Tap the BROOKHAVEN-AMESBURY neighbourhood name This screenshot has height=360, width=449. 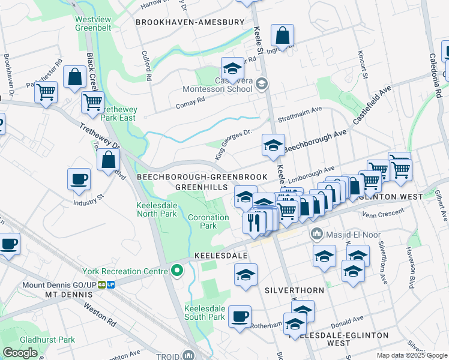click(x=190, y=22)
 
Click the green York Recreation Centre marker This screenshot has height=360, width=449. click(x=176, y=271)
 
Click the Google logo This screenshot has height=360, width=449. click(x=20, y=353)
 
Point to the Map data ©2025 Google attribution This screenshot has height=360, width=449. click(x=412, y=355)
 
